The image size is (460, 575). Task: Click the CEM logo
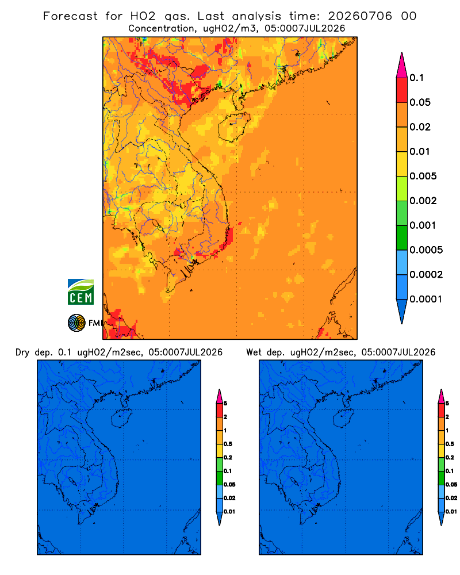pyautogui.click(x=80, y=292)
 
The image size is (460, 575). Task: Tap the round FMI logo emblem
pyautogui.click(x=76, y=323)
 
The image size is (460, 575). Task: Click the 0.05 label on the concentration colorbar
pyautogui.click(x=420, y=102)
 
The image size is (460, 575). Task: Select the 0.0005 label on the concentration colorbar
pyautogui.click(x=426, y=250)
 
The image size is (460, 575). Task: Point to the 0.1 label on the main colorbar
pyautogui.click(x=417, y=78)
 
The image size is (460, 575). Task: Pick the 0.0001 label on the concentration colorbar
pyautogui.click(x=426, y=299)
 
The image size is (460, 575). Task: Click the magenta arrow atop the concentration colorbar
pyautogui.click(x=402, y=66)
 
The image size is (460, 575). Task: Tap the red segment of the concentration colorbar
pyautogui.click(x=402, y=90)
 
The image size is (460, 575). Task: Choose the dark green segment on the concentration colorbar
pyautogui.click(x=402, y=237)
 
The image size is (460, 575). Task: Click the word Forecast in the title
pyautogui.click(x=70, y=16)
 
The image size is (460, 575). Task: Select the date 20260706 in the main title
pyautogui.click(x=360, y=16)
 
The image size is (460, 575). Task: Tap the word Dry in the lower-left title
pyautogui.click(x=22, y=352)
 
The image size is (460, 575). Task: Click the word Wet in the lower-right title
pyautogui.click(x=254, y=352)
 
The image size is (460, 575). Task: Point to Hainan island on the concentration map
pyautogui.click(x=234, y=127)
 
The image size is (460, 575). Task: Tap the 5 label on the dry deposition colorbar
pyautogui.click(x=225, y=404)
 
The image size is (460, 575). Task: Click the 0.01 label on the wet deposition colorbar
pyautogui.click(x=451, y=512)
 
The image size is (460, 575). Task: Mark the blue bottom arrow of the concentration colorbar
pyautogui.click(x=402, y=310)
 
